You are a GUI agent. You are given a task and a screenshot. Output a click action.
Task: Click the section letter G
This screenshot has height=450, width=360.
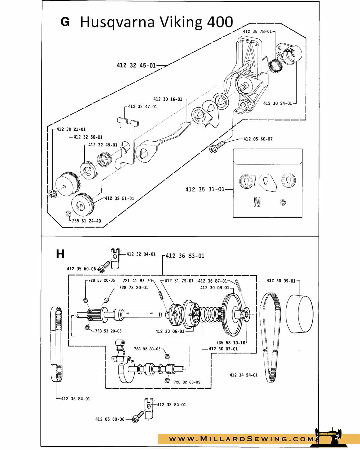pyautogui.click(x=65, y=22)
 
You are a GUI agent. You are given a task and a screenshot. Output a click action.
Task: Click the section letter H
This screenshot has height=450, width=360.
pyautogui.click(x=60, y=254)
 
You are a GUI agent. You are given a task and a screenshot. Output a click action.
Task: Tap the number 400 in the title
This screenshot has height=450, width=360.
pyautogui.click(x=220, y=22)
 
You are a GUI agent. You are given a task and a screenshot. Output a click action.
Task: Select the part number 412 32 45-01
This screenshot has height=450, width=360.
pyautogui.click(x=136, y=65)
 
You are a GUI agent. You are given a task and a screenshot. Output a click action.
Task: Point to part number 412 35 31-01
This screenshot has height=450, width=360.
pyautogui.click(x=205, y=189)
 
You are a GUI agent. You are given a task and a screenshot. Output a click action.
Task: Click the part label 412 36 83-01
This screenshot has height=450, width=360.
pyautogui.click(x=185, y=256)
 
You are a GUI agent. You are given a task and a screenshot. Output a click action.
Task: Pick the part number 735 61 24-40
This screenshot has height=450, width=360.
pyautogui.click(x=86, y=221)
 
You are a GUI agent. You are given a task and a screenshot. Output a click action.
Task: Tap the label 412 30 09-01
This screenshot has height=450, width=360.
pyautogui.click(x=281, y=281)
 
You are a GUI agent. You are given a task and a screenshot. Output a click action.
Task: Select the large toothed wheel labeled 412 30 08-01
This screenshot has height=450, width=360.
pyautogui.click(x=232, y=315)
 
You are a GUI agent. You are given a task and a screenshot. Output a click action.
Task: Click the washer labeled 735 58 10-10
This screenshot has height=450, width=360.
pyautogui.click(x=246, y=314)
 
